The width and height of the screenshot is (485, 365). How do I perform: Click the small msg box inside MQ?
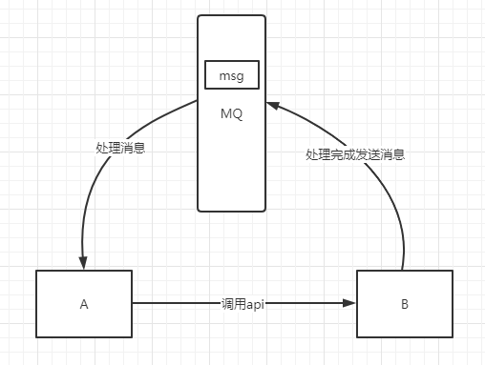click(x=231, y=73)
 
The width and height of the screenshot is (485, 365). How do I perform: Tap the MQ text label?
click(x=231, y=114)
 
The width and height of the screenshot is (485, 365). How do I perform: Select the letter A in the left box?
click(x=84, y=305)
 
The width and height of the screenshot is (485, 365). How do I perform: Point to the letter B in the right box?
click(x=404, y=305)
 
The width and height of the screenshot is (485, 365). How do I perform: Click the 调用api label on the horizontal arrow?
click(x=242, y=305)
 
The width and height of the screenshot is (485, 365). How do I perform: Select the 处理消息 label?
click(x=120, y=148)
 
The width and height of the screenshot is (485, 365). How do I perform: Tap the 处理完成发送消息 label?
click(x=354, y=153)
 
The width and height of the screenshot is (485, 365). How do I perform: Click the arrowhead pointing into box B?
click(x=351, y=305)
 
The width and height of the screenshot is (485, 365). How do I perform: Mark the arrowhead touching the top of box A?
click(x=84, y=265)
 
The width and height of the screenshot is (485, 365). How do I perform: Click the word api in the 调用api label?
click(x=255, y=305)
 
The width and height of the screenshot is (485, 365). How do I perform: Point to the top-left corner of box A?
click(x=36, y=271)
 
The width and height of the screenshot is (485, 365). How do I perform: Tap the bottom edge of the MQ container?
click(x=231, y=210)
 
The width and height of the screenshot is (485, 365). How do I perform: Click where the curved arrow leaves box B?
click(x=404, y=271)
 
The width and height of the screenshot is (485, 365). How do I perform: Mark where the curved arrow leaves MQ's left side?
click(x=197, y=99)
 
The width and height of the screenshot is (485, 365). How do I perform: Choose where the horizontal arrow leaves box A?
click(x=133, y=305)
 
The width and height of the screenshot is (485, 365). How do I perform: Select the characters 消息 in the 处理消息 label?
click(x=133, y=148)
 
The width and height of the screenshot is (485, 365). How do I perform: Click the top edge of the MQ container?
click(x=231, y=15)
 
